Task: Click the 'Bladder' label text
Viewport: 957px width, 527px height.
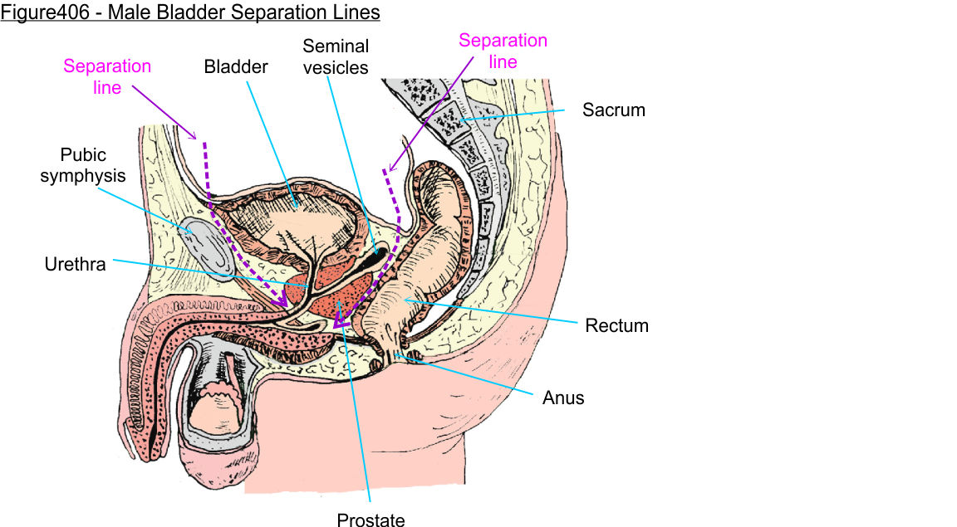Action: [236, 66]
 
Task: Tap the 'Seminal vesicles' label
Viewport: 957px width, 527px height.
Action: [336, 56]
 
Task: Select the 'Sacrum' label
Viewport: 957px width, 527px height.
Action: [613, 109]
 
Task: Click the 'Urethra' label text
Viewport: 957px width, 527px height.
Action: [75, 266]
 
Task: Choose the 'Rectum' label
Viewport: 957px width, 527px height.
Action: [616, 324]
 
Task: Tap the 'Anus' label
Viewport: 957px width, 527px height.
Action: [563, 398]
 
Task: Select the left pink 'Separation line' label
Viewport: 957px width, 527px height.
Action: [107, 76]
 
